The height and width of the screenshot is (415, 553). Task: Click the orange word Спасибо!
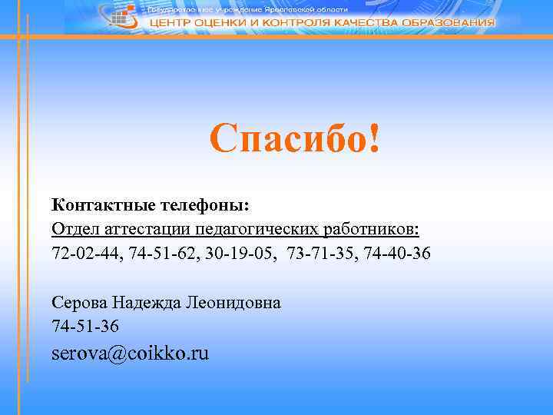point(295,139)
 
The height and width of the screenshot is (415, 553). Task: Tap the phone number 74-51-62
point(157,253)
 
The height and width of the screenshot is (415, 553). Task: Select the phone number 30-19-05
point(234,253)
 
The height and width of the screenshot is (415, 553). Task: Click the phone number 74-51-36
point(85,326)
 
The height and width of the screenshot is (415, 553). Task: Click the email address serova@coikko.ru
point(130,354)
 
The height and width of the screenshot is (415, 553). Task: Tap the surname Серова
point(79,302)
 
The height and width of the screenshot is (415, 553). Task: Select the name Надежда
point(147,302)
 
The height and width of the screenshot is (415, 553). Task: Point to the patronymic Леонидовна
point(233,302)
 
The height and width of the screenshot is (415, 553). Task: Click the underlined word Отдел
point(75,229)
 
